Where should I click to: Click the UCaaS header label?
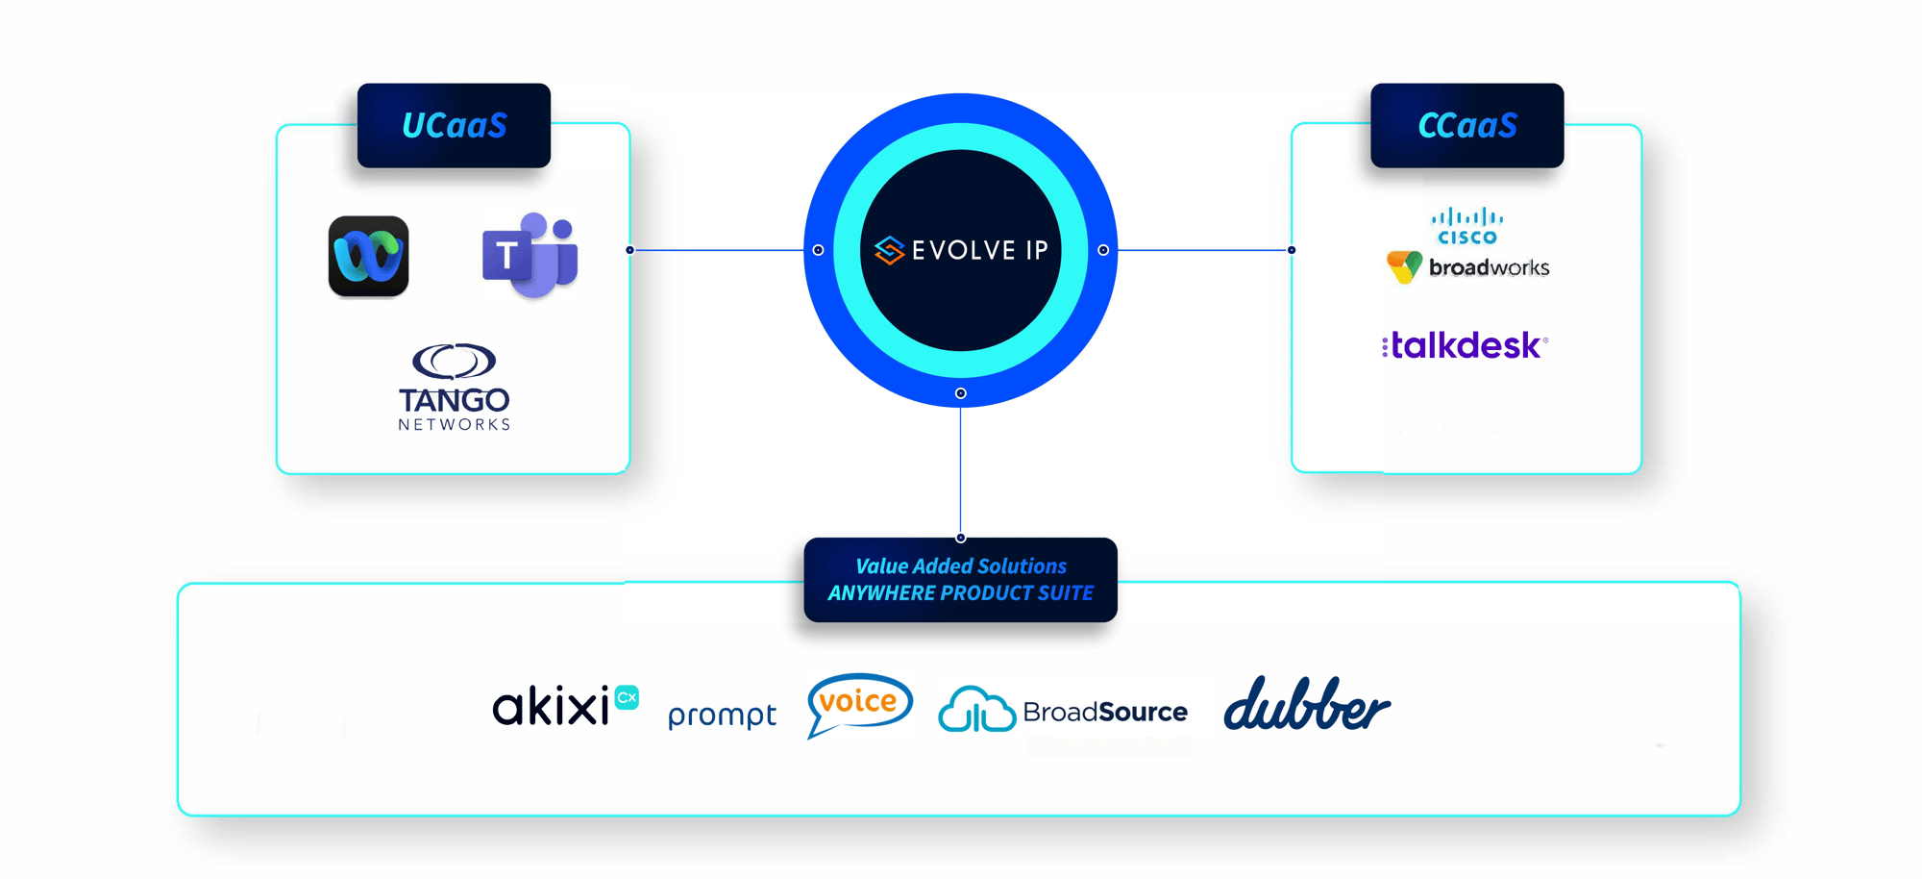tap(454, 125)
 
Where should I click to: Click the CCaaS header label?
tap(1466, 125)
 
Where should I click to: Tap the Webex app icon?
tap(368, 256)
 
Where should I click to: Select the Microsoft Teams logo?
tap(530, 255)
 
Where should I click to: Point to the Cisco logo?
tap(1466, 226)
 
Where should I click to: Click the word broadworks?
tap(1489, 267)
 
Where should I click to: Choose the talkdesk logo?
tap(1466, 345)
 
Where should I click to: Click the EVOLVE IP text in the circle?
tap(979, 250)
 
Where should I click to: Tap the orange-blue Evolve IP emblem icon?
tap(889, 250)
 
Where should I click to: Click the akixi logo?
tap(564, 706)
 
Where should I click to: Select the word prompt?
tap(722, 715)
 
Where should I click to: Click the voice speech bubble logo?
tap(858, 703)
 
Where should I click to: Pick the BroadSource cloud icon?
tap(976, 710)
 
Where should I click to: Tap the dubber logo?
tap(1306, 705)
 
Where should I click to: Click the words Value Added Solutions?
tap(961, 566)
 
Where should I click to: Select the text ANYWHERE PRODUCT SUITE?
tap(961, 593)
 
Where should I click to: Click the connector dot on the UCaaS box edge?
tap(629, 250)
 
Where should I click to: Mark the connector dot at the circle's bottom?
tap(960, 393)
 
